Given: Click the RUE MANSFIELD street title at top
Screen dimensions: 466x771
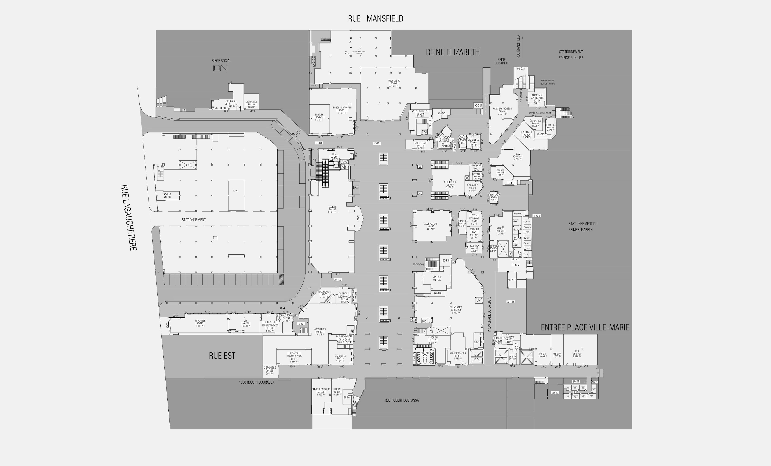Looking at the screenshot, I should pyautogui.click(x=376, y=19).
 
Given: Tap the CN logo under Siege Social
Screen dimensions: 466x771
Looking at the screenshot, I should pyautogui.click(x=220, y=68).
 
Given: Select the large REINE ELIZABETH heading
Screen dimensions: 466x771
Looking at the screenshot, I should pyautogui.click(x=452, y=52).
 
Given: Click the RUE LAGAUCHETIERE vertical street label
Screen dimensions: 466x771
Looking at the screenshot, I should pyautogui.click(x=129, y=217).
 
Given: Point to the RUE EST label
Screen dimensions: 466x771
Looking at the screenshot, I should pyautogui.click(x=222, y=355).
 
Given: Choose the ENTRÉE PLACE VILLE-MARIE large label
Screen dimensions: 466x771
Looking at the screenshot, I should pyautogui.click(x=585, y=328).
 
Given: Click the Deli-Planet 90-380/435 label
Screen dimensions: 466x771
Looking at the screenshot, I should pyautogui.click(x=456, y=310).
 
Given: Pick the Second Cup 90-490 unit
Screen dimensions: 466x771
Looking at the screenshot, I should pyautogui.click(x=450, y=185).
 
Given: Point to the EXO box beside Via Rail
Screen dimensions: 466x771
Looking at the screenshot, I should pyautogui.click(x=356, y=188).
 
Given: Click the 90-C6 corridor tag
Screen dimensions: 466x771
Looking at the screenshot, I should pyautogui.click(x=377, y=143).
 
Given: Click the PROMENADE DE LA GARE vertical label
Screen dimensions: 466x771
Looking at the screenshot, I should pyautogui.click(x=489, y=314).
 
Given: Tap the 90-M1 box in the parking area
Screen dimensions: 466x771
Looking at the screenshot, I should pyautogui.click(x=235, y=191).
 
